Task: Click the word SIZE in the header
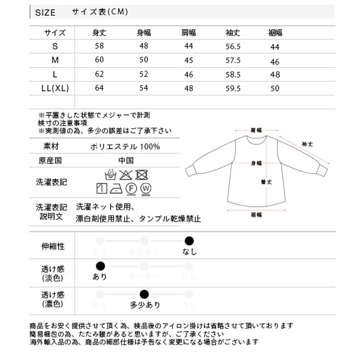pos(46,12)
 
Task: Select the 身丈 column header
pos(99,33)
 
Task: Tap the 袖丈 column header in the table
pos(232,33)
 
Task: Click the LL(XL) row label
pos(55,88)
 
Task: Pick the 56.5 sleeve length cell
pos(233,46)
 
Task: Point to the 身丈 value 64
pos(99,88)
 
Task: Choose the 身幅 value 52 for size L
pos(144,74)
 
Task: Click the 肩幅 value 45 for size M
pos(188,60)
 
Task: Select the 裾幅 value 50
pos(274,88)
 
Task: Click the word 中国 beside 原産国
pos(126,161)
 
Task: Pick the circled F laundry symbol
pos(131,188)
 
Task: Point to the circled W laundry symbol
pos(146,188)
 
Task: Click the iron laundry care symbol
pos(116,188)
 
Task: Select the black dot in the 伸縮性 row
pos(189,241)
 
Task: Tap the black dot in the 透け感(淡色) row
pos(100,266)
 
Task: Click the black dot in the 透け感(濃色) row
pos(144,295)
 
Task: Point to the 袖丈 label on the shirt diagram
pos(307,144)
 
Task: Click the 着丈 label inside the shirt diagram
pos(266,182)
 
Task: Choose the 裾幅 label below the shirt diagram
pos(256,215)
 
